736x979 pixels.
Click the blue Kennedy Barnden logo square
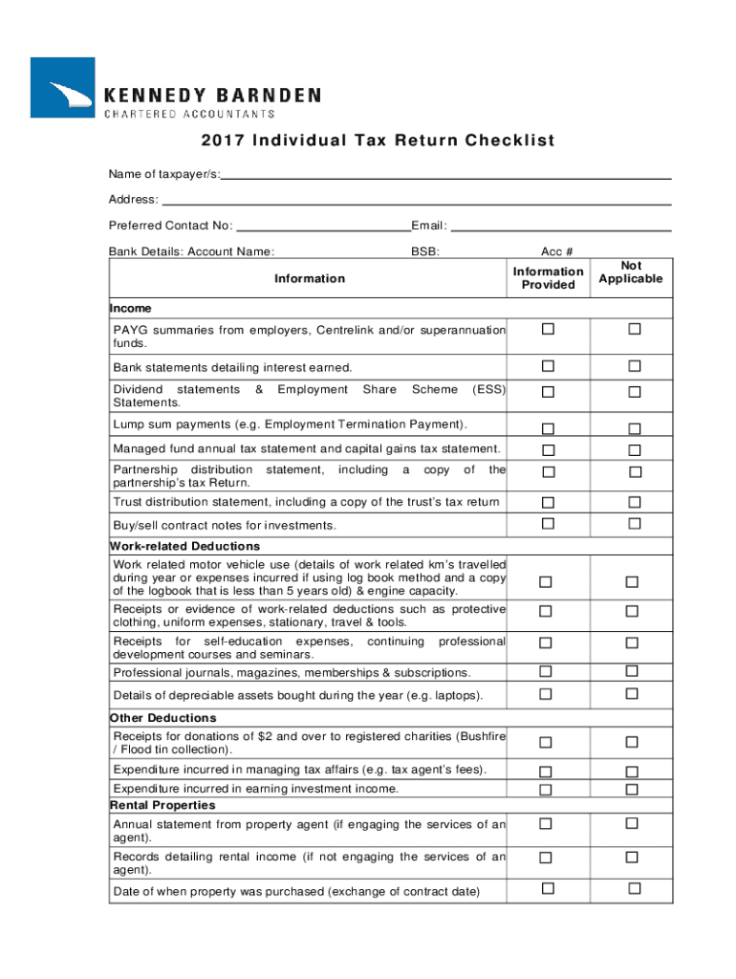coord(62,87)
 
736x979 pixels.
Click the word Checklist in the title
coord(509,141)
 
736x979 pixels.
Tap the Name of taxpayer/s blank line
coord(446,175)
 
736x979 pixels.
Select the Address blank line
coord(416,201)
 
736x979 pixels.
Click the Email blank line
coord(560,228)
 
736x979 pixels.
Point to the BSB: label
coord(425,251)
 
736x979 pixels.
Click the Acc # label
coord(556,251)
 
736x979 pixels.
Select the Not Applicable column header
coord(631,272)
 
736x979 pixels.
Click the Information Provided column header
coord(548,278)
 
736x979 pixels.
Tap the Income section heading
coord(131,309)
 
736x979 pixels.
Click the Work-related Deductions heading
coord(185,546)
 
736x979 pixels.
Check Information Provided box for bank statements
coord(548,366)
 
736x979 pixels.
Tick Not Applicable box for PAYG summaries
coord(632,330)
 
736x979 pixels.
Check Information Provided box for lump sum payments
coord(548,428)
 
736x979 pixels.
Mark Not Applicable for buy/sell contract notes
coord(632,523)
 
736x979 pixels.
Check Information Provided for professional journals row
coord(548,671)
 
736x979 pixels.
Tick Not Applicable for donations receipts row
coord(632,742)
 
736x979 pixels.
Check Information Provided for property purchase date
coord(548,889)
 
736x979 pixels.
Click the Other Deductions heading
coord(163,718)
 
